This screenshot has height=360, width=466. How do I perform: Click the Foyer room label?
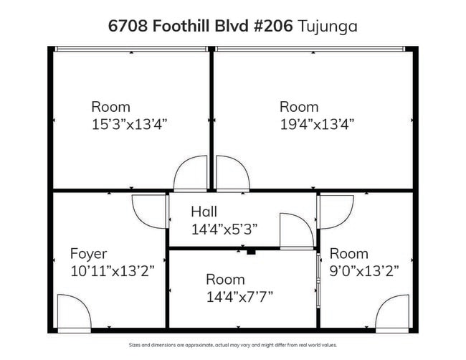point(88,254)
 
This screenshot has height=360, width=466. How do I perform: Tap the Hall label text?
point(204,212)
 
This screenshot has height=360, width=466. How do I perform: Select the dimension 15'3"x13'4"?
point(129,124)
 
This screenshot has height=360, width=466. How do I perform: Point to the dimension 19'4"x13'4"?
point(317,124)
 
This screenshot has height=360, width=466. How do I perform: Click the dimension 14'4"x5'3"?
point(224,229)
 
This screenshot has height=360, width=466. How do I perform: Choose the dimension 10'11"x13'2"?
point(113,271)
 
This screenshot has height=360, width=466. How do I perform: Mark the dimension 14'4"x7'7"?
point(239,297)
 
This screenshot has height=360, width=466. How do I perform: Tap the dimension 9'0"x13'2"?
point(364,271)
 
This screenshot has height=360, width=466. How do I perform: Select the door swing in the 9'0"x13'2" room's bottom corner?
point(384,304)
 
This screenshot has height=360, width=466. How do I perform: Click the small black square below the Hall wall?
point(251,252)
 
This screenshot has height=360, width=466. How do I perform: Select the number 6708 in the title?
point(128,26)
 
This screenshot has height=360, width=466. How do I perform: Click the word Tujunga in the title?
point(327,27)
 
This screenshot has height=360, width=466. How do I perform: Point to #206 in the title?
point(273,26)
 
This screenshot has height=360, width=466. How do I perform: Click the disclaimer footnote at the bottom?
point(233,345)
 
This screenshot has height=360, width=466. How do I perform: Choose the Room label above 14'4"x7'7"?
point(225,280)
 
